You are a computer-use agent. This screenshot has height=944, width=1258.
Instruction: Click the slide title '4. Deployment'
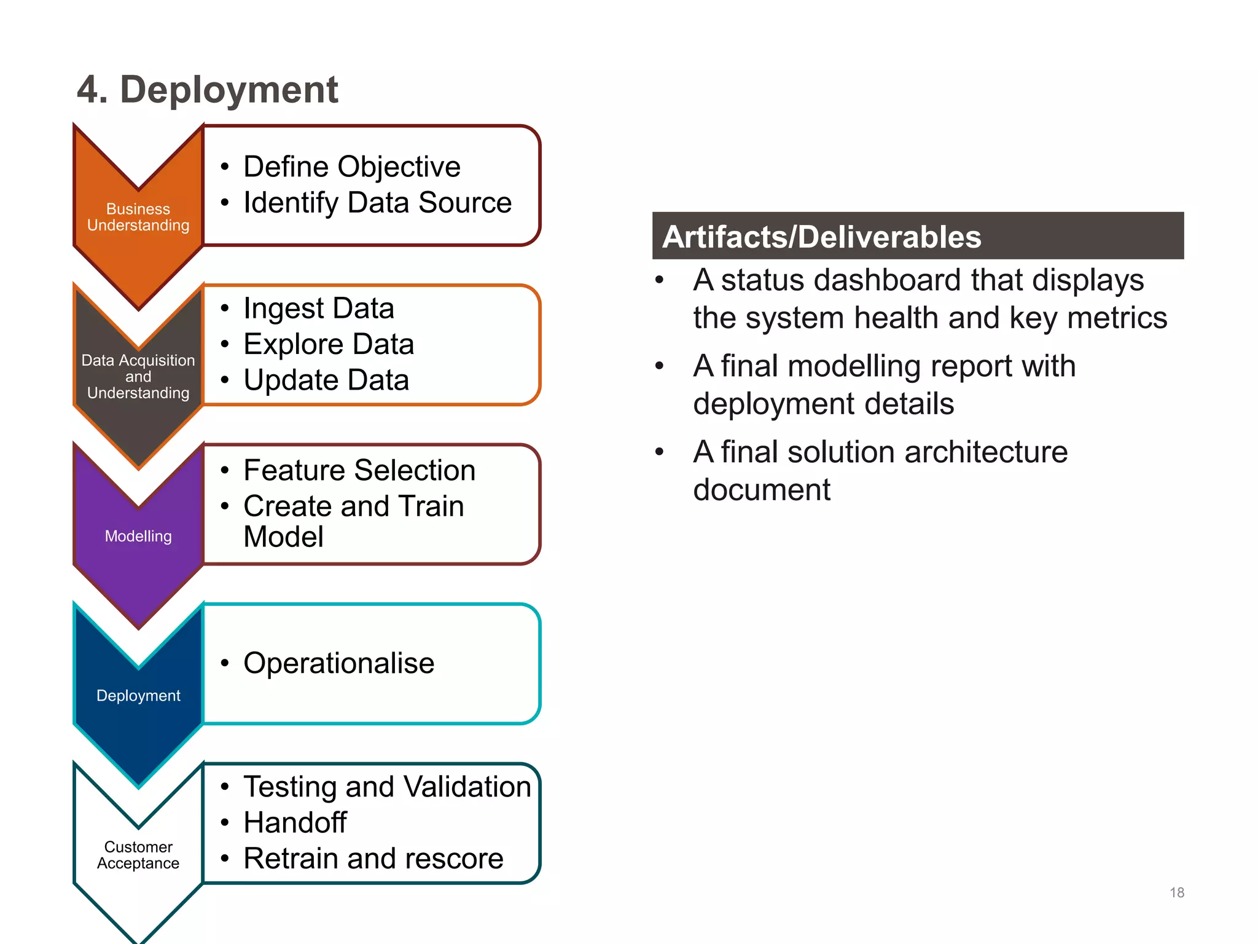207,90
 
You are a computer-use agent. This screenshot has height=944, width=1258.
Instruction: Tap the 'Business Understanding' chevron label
138,217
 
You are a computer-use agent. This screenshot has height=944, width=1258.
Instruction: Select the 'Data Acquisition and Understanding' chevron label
138,376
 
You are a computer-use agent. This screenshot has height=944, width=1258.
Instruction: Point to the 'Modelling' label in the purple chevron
138,536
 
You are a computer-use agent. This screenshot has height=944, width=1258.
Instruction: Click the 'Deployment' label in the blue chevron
138,695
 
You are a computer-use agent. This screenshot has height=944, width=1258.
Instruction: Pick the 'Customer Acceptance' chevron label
138,855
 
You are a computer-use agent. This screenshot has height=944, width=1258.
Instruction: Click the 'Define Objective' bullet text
351,167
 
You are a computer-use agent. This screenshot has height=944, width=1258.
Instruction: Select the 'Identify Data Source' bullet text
377,203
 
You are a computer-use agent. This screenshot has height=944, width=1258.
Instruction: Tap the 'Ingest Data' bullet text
318,308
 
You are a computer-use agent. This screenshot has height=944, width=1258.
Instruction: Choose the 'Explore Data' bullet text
329,344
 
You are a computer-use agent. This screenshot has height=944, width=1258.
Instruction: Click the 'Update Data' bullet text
326,380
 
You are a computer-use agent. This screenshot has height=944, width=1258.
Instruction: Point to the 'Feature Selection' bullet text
359,470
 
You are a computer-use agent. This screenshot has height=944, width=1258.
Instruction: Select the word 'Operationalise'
338,663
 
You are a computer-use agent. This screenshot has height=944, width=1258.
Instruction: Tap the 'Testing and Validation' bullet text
387,787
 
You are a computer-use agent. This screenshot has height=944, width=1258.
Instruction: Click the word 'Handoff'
295,822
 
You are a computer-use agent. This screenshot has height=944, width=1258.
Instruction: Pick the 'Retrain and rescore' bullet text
373,858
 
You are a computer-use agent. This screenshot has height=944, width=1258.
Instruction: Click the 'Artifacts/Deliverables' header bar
918,236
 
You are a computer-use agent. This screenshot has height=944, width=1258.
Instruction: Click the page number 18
1176,892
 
